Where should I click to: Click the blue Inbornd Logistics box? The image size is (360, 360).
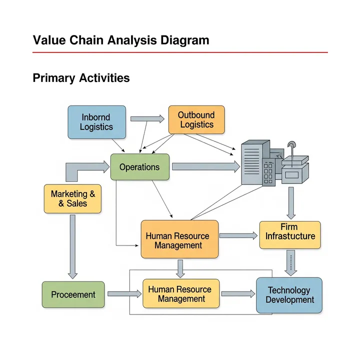96,122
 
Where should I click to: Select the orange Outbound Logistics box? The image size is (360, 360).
196,120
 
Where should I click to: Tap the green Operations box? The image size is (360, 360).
140,167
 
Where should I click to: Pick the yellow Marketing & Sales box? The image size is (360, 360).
72,198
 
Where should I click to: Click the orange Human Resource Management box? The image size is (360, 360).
179,239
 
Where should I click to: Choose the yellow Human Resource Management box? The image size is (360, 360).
181,293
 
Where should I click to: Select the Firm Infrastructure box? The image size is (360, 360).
289,235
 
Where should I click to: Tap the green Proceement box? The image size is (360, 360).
73,294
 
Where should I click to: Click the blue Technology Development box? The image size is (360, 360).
289,295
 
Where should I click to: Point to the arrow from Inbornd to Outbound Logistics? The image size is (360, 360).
147,119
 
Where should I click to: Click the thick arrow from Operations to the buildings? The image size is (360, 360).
205,167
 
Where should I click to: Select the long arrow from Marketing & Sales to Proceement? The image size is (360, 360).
73,246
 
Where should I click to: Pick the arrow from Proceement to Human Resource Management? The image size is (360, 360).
124,294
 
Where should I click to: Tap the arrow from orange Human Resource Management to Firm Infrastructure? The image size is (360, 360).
238,235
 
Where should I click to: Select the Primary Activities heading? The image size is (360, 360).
81,78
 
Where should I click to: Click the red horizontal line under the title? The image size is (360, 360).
180,52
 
